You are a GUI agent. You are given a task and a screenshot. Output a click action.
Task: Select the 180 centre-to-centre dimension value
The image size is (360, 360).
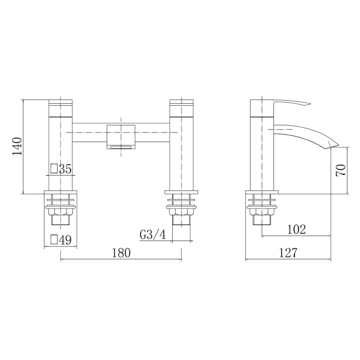tap(121, 253)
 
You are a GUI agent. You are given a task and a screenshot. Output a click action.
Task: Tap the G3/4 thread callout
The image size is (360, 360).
tap(153, 235)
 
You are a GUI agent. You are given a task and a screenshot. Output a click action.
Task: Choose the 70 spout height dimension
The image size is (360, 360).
tap(341, 170)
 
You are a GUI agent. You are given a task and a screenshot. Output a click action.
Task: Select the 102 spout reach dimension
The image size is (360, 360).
tap(296, 229)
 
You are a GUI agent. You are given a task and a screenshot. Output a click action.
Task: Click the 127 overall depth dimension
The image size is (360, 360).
tap(288, 253)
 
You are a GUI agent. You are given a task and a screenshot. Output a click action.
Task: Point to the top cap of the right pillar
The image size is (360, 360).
tap(181, 104)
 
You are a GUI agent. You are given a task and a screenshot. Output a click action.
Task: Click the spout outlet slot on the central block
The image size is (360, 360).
tap(121, 148)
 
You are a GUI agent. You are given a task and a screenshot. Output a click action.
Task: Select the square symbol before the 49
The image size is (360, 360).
tap(54, 240)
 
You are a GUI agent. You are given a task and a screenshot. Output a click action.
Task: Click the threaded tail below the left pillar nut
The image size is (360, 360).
tap(60, 221)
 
